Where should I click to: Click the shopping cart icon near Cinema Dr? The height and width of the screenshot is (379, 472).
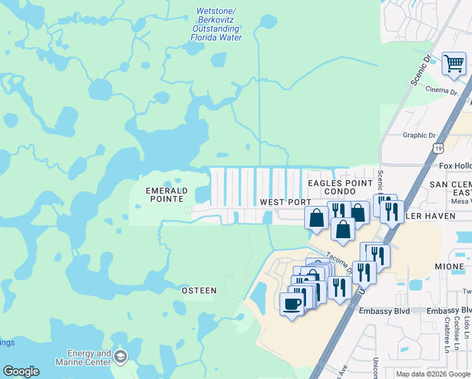click(x=454, y=64)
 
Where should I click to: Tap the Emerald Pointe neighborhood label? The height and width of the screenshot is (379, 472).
click(x=167, y=195)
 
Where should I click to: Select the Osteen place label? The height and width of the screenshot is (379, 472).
click(x=199, y=291)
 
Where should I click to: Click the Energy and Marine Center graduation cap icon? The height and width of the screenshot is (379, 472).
click(x=120, y=358)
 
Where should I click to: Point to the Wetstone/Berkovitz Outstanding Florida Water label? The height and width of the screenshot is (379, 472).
click(x=216, y=25)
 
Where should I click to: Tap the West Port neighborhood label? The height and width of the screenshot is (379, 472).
click(x=286, y=202)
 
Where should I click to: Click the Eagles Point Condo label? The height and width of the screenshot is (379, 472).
click(x=340, y=187)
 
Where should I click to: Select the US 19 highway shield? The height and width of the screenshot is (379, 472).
click(x=439, y=148)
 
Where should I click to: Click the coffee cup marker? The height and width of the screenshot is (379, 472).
click(x=292, y=304)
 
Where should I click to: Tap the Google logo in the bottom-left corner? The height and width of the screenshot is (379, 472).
click(x=21, y=371)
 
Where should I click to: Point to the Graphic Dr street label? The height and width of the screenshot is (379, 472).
click(x=419, y=135)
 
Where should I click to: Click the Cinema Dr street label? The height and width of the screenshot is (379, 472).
click(x=440, y=92)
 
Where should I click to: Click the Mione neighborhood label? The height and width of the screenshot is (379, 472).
click(x=450, y=267)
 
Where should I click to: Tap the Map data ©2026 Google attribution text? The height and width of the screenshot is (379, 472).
click(x=433, y=374)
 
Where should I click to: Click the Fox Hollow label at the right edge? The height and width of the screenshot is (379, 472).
click(x=455, y=165)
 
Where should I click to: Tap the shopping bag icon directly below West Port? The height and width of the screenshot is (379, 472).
click(x=316, y=218)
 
